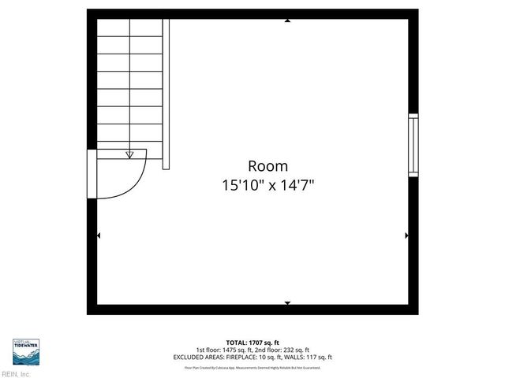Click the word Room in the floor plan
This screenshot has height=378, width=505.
(268, 166)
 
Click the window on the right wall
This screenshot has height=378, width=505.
(413, 145)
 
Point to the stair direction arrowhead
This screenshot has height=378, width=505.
(130, 155)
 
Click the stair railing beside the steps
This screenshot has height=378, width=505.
(166, 94)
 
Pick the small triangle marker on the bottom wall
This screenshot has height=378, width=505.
(287, 303)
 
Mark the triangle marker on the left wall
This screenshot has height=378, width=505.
(99, 235)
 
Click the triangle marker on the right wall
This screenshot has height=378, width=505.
(406, 235)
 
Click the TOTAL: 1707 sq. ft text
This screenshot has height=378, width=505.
(252, 343)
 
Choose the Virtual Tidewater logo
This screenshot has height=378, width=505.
(27, 350)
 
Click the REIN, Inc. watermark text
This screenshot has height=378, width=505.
(15, 374)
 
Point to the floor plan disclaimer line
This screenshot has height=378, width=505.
(252, 367)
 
